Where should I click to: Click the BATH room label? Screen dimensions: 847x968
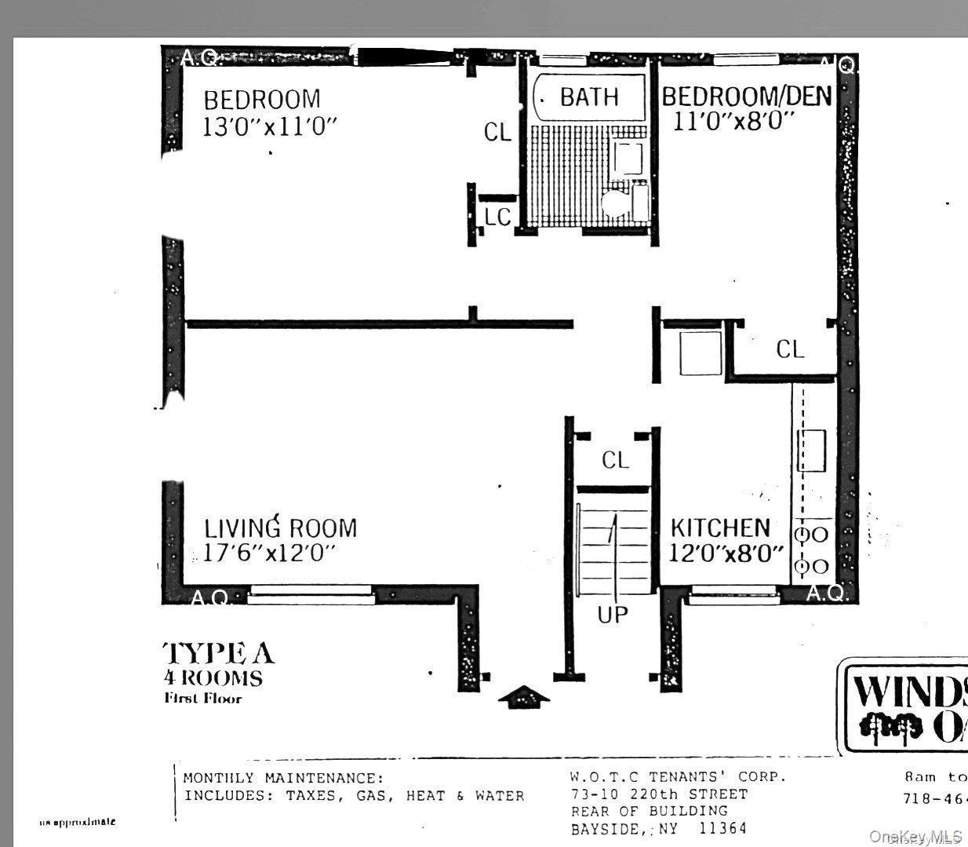pos(589,97)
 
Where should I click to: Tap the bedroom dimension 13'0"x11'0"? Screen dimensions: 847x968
pos(270,126)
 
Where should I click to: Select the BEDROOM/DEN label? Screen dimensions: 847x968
pos(746,96)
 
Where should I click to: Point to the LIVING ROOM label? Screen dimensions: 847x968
pos(280,528)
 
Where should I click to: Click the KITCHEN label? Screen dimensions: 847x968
pos(719,528)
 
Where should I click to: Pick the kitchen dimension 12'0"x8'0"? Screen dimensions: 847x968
pos(726,553)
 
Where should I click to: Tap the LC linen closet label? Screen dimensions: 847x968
pos(497,217)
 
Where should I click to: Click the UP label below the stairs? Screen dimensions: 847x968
pos(613,615)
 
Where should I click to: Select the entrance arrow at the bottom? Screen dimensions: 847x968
pos(525,696)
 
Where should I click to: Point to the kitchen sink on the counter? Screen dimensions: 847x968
pos(811,451)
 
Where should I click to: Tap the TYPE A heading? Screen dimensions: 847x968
pos(219,653)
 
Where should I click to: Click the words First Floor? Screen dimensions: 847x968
pos(203,699)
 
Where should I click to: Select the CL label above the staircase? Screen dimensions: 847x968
pos(615,460)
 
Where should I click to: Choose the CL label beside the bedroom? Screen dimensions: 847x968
pos(497,132)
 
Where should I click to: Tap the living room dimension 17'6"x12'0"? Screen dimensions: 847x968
pos(269,553)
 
